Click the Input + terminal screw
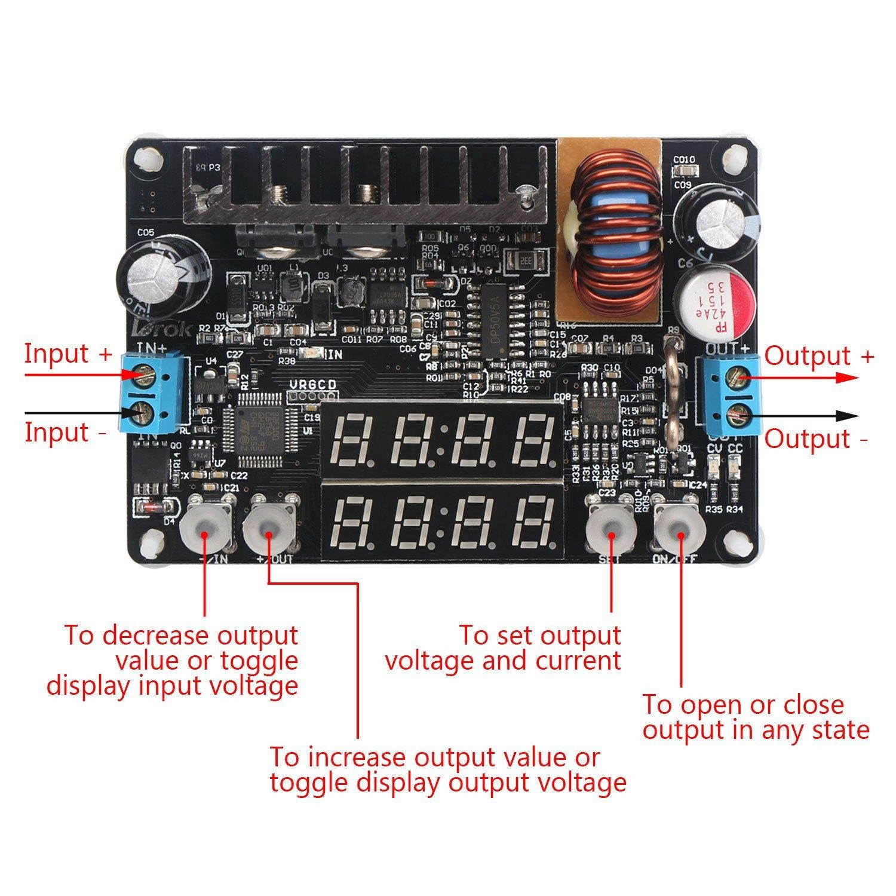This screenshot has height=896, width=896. pos(143,375)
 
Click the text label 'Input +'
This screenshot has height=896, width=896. pos(68,353)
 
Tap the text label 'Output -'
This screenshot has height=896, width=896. pos(817,439)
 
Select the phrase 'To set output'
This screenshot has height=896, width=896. pos(539,636)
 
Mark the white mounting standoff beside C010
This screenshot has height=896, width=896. pos(734,159)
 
